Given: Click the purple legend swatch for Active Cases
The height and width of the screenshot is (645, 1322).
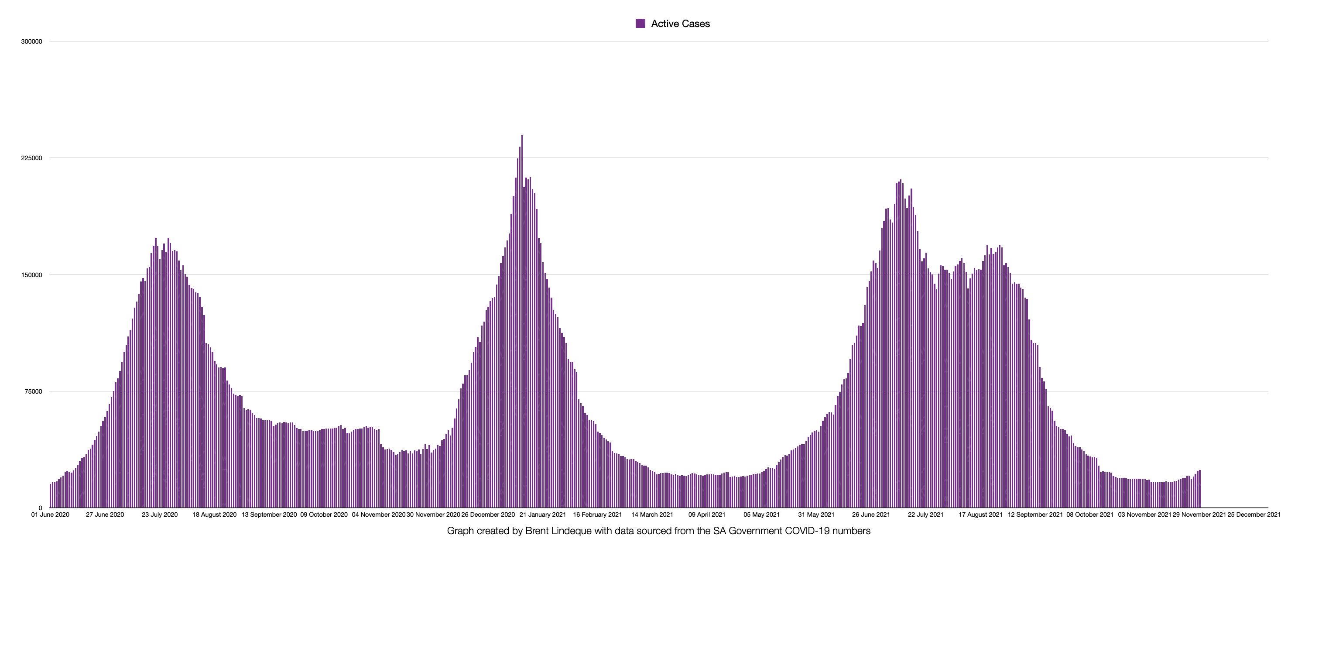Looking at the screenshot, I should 640,24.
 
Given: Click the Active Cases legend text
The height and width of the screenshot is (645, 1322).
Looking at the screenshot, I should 680,24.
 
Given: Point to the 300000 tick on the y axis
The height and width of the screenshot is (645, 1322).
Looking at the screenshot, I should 31,41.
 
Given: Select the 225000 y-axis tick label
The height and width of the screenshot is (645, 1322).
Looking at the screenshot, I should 31,158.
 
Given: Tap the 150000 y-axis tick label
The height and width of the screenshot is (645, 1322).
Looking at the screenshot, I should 31,275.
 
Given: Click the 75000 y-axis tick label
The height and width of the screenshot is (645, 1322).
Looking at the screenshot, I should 33,391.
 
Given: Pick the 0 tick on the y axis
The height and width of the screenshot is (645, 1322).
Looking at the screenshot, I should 40,508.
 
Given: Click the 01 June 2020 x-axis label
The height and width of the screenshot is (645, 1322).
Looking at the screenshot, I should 50,515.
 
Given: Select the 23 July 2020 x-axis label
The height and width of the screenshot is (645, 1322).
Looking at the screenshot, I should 160,515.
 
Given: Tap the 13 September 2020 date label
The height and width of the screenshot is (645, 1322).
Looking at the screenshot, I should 269,515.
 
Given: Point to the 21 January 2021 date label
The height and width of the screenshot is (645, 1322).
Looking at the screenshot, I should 542,515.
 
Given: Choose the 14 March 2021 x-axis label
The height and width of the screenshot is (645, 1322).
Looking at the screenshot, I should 652,515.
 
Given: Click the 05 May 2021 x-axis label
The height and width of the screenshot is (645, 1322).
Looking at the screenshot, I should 762,515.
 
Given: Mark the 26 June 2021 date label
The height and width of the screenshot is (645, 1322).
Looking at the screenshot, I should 871,515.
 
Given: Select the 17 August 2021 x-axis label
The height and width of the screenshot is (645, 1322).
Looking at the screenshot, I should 980,515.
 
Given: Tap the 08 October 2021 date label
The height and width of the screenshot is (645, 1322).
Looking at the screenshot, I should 1090,515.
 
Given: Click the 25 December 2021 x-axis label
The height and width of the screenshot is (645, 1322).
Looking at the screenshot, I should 1254,515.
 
